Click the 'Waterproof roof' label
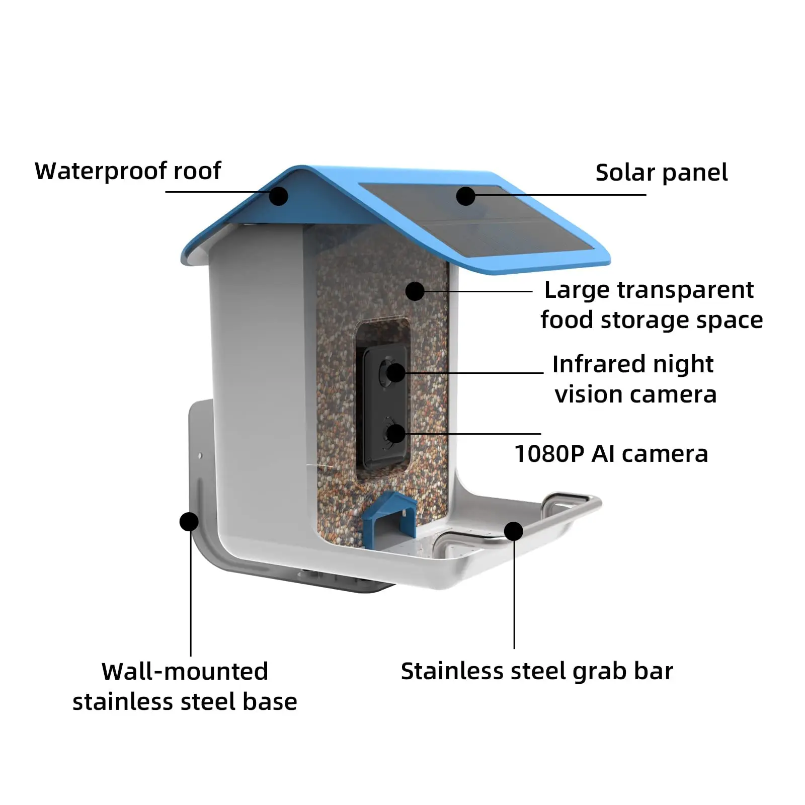pos(128,171)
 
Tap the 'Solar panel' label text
pos(661,173)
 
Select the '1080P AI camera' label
pos(611,454)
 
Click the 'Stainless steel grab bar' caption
pos(537,671)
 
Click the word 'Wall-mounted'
pos(185,671)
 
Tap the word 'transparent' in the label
pos(685,290)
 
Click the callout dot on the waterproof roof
pos(278,196)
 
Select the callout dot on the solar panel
pos(466,196)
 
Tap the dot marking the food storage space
pos(415,291)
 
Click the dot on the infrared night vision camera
pos(396,373)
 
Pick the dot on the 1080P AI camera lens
pos(396,433)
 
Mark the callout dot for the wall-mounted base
pos(189,521)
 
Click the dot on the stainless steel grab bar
pos(514,531)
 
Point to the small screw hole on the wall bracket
pos(200,455)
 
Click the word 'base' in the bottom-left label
pos(270,701)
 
